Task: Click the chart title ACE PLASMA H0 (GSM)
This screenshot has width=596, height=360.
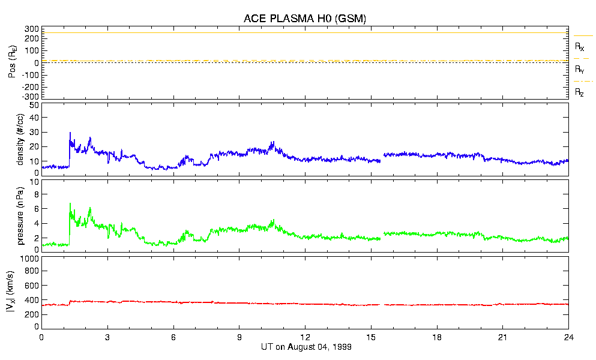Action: [304, 19]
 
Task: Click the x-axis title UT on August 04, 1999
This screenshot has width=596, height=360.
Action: [306, 347]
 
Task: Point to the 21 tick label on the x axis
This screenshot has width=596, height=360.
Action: [503, 337]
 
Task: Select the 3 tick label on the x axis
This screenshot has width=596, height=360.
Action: [107, 337]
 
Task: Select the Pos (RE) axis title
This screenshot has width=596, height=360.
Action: [12, 62]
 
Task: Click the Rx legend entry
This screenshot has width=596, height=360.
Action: [579, 46]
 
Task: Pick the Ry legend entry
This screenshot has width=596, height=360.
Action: [579, 70]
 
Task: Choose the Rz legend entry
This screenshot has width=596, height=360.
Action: [579, 92]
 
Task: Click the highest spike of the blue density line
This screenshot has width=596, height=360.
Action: [70, 133]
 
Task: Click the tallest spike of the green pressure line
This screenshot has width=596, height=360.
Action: [70, 203]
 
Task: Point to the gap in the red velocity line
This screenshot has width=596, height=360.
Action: [382, 304]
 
